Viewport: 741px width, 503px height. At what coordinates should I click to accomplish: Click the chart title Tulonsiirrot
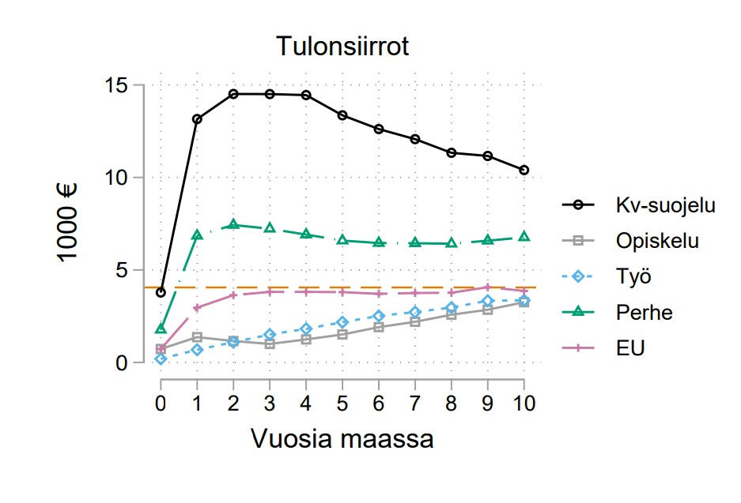coord(342,47)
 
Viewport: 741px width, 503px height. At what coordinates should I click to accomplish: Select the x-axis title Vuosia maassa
coord(342,438)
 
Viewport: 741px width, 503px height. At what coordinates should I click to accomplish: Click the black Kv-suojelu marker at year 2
coord(233,94)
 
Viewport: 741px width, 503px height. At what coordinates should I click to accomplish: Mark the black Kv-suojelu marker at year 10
coord(524,170)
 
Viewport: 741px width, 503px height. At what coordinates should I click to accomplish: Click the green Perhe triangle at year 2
coord(233,224)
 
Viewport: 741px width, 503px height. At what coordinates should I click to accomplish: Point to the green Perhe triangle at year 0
coord(161,328)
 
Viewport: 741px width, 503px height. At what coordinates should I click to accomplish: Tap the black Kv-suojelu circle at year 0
coord(161,292)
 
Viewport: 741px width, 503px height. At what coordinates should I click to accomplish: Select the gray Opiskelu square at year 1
coord(197,337)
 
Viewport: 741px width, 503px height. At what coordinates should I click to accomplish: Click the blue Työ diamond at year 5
coord(342,322)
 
